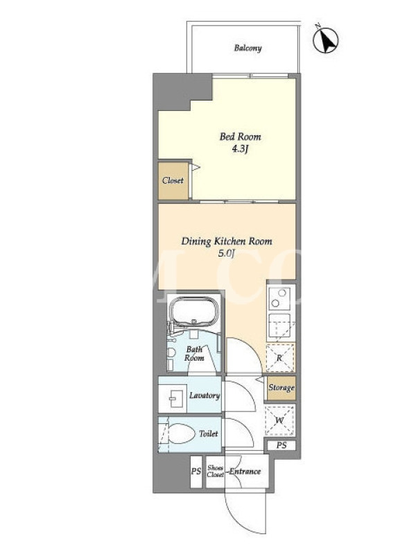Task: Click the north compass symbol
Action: [325, 40]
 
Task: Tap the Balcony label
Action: [248, 48]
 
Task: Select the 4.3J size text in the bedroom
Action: [240, 149]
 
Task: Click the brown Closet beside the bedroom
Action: [173, 180]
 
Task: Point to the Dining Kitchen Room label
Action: [227, 241]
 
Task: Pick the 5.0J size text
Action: [227, 253]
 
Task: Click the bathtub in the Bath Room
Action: [194, 310]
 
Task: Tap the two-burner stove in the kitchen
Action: [279, 298]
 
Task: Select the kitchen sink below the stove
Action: [280, 325]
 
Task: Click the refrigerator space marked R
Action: [280, 358]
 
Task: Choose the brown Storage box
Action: [281, 388]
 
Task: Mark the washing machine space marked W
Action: [279, 421]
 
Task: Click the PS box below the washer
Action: [281, 445]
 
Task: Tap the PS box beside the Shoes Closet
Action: [196, 472]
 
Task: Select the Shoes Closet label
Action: [216, 471]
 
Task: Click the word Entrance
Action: [245, 472]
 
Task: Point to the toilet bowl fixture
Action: [179, 434]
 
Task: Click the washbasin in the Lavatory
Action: [172, 398]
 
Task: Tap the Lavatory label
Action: [205, 395]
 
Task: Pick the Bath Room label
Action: [194, 354]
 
